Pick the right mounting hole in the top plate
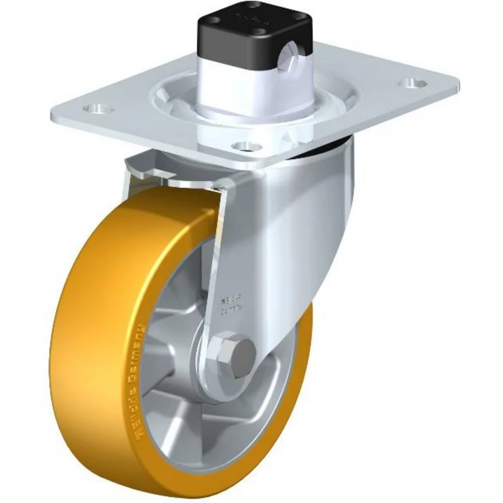413,82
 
